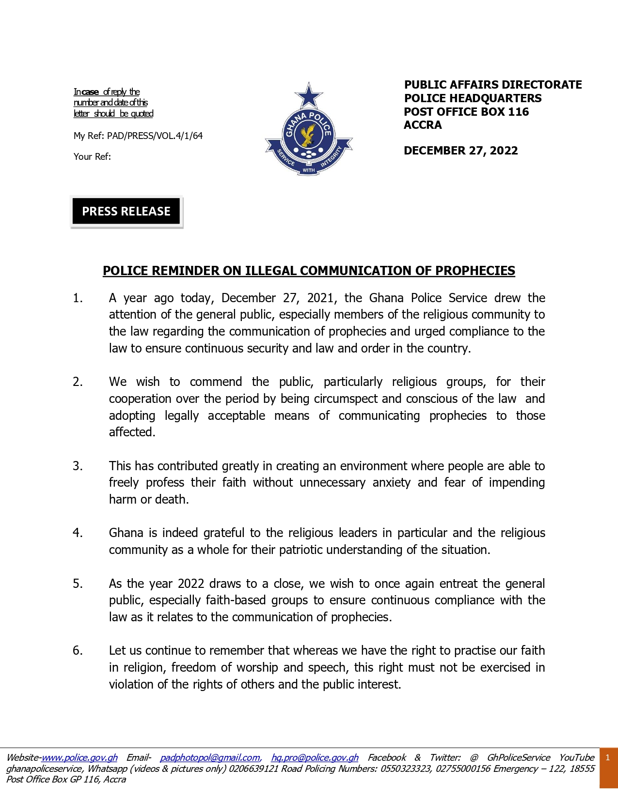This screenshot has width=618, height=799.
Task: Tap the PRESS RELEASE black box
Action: [126, 212]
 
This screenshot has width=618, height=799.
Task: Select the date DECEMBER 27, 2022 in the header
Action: [460, 151]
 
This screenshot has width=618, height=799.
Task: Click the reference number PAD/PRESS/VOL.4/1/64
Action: [155, 136]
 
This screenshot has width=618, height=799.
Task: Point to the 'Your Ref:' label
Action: [92, 156]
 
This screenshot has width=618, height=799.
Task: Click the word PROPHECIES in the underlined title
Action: [475, 271]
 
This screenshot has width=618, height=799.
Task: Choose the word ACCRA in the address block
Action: [423, 125]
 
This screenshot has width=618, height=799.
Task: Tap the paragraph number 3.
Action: [78, 466]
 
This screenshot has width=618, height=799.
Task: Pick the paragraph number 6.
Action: [78, 650]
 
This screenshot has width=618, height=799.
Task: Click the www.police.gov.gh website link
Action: [79, 757]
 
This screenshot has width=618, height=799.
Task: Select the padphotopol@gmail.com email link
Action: [210, 757]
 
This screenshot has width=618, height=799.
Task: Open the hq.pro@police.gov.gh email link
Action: [315, 757]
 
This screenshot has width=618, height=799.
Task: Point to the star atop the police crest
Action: [309, 95]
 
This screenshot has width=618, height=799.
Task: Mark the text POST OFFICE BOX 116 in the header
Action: [466, 112]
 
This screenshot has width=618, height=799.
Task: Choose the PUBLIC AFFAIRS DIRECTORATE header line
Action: [493, 85]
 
